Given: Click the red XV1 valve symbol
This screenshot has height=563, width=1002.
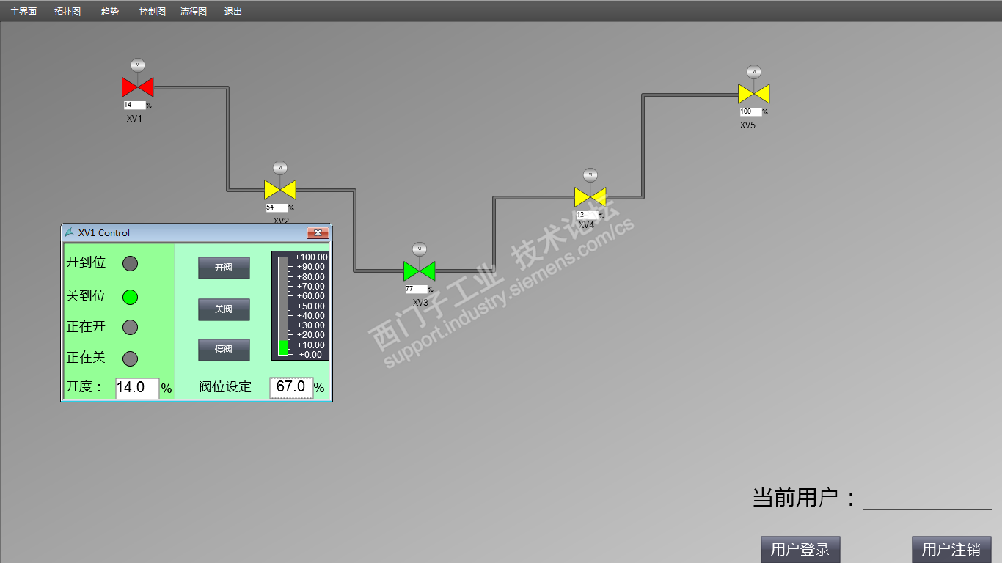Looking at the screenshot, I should click(x=137, y=87).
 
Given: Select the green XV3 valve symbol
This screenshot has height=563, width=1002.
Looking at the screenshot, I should click(x=419, y=271).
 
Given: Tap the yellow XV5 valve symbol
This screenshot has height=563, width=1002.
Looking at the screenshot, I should click(x=753, y=94).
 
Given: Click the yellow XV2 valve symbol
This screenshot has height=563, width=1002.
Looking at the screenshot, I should click(x=279, y=190).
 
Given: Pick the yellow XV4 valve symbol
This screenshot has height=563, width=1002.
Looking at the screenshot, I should click(x=590, y=197).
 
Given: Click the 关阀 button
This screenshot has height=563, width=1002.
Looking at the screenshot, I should click(x=224, y=309).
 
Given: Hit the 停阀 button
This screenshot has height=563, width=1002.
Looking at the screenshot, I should click(x=224, y=350).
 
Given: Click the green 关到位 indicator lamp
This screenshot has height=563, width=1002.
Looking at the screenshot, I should click(x=130, y=297).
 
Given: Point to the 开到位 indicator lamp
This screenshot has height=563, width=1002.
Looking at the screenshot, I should click(x=130, y=263).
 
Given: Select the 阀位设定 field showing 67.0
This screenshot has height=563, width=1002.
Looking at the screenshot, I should click(x=291, y=387).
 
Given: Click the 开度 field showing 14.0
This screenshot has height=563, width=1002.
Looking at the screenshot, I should click(x=136, y=388).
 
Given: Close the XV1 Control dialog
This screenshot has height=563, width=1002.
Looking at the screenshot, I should click(x=318, y=233).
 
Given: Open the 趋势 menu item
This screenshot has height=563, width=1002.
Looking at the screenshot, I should click(x=109, y=12).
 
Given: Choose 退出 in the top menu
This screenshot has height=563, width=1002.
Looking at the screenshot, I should click(x=233, y=12).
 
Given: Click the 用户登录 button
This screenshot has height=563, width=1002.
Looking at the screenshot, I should click(x=800, y=549).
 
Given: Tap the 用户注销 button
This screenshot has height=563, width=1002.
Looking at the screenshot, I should click(x=951, y=549).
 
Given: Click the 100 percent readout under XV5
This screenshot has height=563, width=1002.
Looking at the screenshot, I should click(x=750, y=112).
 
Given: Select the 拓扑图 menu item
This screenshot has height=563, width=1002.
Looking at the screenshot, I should click(x=67, y=12).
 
